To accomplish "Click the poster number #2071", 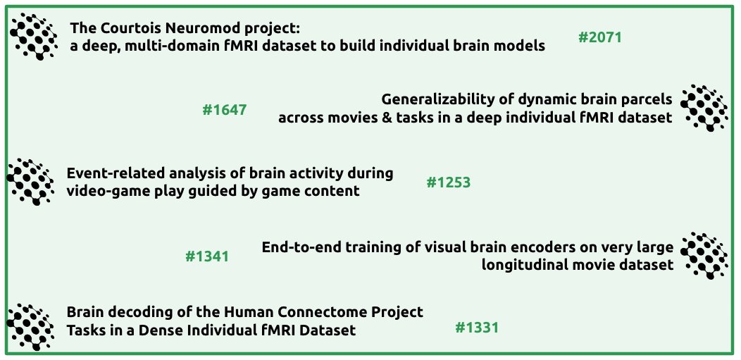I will [x=599, y=37].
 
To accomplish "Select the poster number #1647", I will [x=224, y=110].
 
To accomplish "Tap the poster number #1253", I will [x=448, y=182].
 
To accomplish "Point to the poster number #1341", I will [x=206, y=256].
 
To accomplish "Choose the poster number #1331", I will [x=477, y=328].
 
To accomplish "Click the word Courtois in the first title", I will [x=126, y=29].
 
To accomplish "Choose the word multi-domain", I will [x=161, y=46].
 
